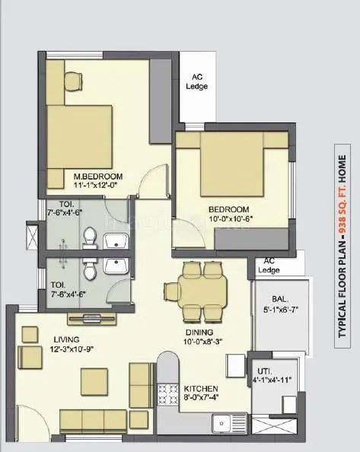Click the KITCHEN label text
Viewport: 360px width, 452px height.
pyautogui.click(x=201, y=387)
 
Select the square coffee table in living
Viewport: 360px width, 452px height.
pyautogui.click(x=95, y=380)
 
